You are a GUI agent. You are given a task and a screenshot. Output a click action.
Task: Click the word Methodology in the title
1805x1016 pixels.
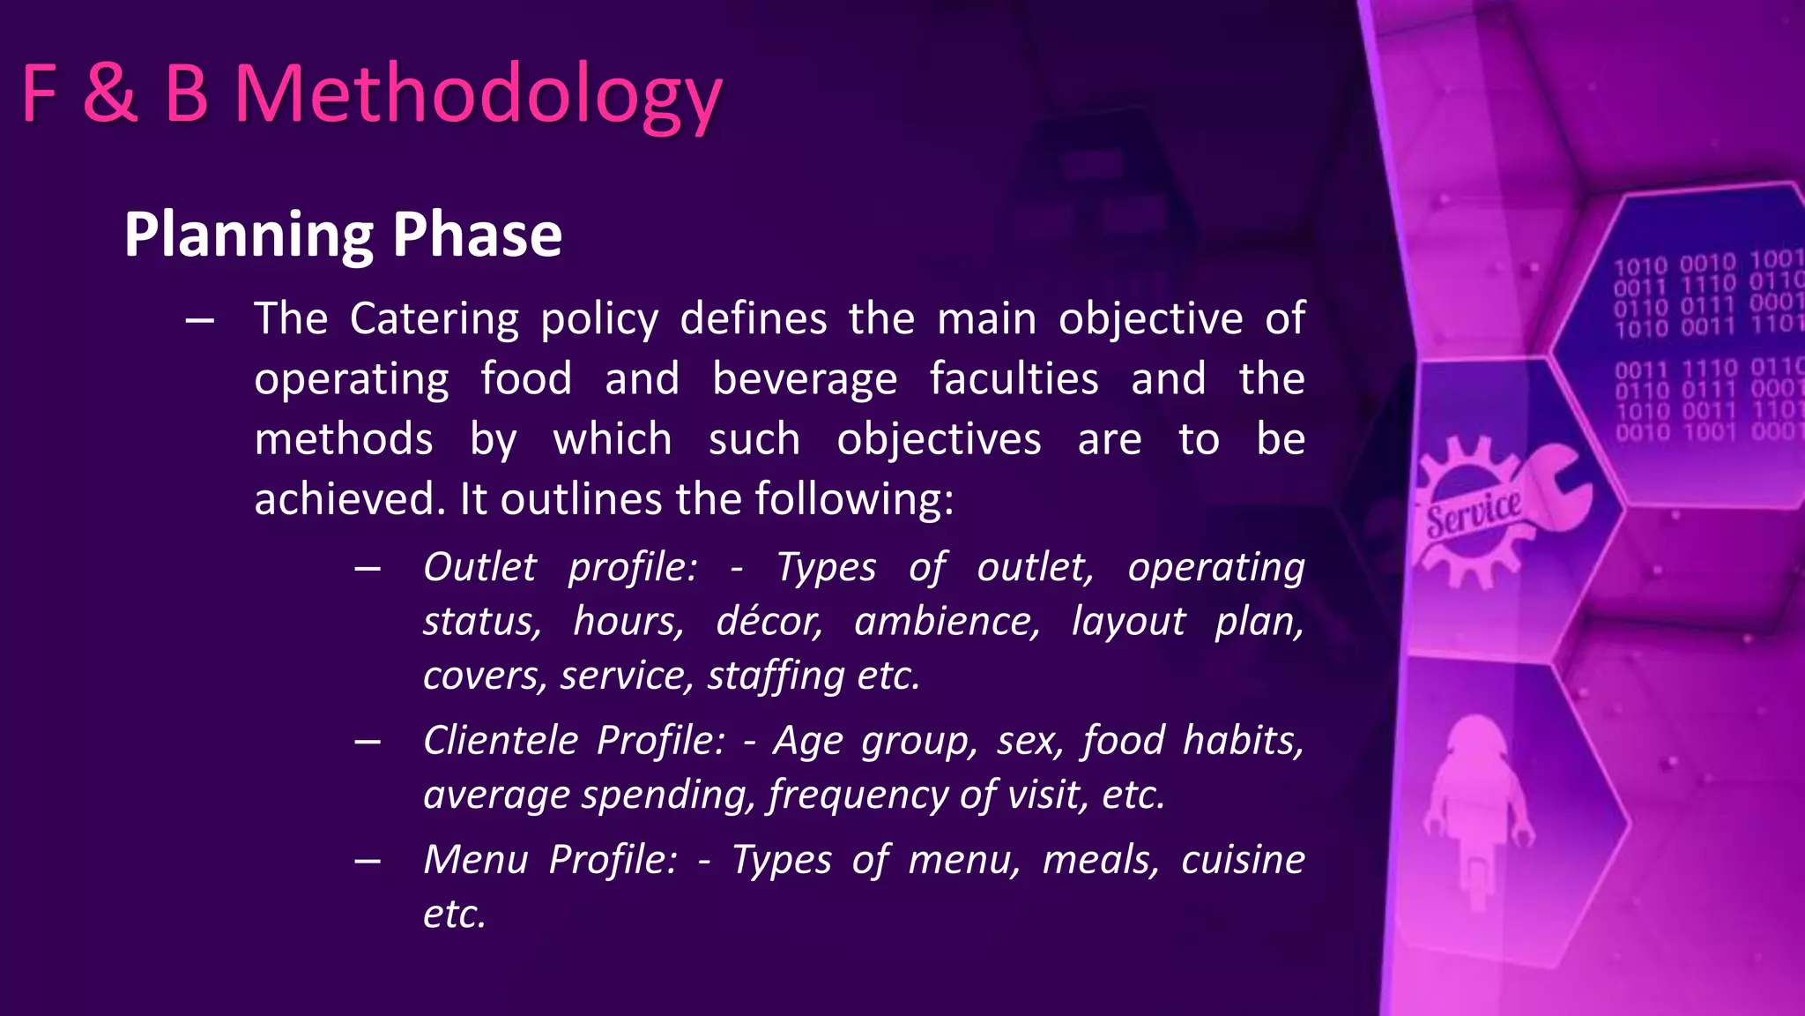click(x=478, y=95)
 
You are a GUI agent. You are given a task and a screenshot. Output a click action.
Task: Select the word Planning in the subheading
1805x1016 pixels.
click(x=249, y=235)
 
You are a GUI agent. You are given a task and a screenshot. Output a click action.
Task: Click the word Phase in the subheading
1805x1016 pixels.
click(x=477, y=235)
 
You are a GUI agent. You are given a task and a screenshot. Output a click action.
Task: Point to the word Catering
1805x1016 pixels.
click(x=434, y=318)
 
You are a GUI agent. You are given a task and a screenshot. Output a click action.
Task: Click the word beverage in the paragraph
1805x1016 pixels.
click(x=804, y=379)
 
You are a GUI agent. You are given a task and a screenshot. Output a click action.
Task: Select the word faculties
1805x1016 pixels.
click(x=1014, y=379)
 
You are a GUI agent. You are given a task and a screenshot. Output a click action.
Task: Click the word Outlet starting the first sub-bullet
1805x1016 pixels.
click(x=479, y=567)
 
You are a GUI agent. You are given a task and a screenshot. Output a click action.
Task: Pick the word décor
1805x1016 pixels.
click(x=768, y=622)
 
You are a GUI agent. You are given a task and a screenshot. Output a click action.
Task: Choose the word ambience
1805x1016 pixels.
click(x=947, y=622)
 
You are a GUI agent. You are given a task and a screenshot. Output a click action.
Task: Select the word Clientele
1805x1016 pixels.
click(x=500, y=740)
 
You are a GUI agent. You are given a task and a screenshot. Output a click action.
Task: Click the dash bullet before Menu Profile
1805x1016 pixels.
click(x=368, y=861)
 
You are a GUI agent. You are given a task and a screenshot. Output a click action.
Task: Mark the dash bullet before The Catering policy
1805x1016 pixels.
click(x=200, y=320)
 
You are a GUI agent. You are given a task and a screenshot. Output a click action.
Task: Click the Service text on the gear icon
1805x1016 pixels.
click(x=1474, y=514)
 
